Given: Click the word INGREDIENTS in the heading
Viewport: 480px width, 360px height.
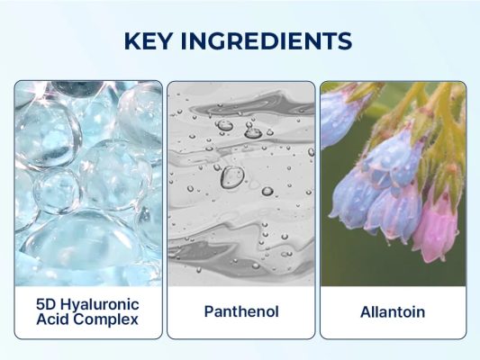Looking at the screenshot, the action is [267, 41].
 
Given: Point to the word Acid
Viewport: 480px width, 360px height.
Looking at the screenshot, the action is [53, 319].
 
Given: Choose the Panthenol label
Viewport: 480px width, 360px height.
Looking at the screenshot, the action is [241, 311].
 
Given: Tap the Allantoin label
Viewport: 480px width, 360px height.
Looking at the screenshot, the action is [393, 312].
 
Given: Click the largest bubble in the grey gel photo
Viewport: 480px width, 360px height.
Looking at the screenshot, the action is [232, 177].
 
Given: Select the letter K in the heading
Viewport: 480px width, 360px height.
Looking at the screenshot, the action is [132, 41].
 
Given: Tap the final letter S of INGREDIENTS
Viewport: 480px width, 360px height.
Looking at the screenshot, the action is [345, 41].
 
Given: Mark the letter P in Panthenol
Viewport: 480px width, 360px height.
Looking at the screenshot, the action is [209, 311].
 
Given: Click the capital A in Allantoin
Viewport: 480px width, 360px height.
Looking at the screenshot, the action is [367, 312].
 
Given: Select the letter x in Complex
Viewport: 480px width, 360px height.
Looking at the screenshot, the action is [134, 320].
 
